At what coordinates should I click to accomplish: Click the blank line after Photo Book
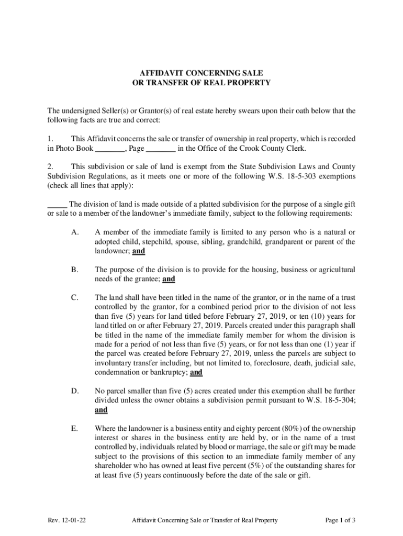point(110,149)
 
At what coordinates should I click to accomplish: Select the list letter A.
point(74,232)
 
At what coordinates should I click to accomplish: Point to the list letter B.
point(74,270)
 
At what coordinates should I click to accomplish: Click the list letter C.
point(74,298)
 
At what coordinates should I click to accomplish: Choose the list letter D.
point(74,390)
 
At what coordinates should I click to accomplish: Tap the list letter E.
point(74,429)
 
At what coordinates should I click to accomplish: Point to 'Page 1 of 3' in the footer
point(340,520)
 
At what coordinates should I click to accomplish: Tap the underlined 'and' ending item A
point(139,251)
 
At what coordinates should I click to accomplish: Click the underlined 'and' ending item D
point(101,410)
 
